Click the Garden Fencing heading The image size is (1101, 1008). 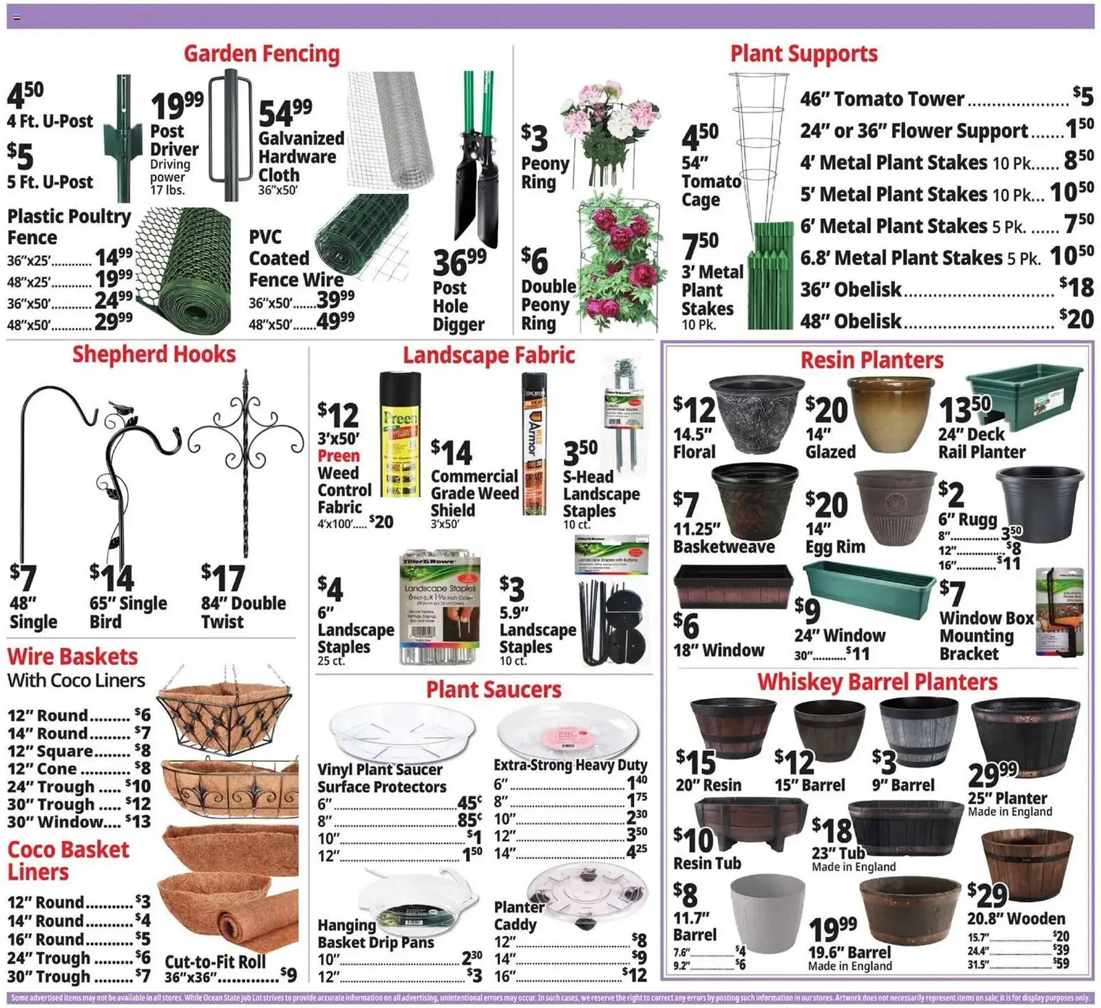(x=261, y=54)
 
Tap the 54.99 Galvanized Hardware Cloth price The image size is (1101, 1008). (x=285, y=112)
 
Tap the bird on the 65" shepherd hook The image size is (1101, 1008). (x=122, y=408)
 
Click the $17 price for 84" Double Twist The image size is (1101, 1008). (x=223, y=578)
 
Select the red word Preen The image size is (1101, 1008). (x=338, y=456)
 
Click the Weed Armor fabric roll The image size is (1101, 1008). (x=534, y=445)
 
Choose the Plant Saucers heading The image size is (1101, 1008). (x=493, y=690)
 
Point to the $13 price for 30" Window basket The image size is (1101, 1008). (x=138, y=822)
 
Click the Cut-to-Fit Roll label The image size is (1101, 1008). (x=215, y=962)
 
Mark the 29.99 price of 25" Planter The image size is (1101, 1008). (x=992, y=775)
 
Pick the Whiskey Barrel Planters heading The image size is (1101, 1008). (x=877, y=682)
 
